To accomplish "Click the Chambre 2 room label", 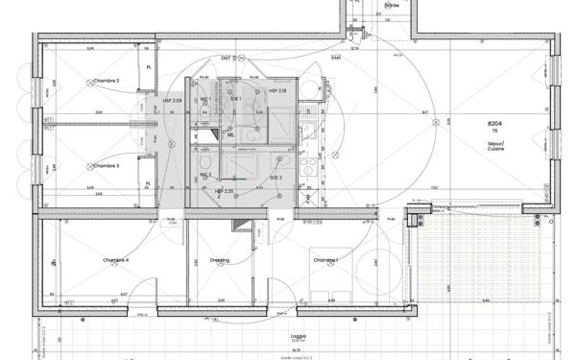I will pyautogui.click(x=106, y=81).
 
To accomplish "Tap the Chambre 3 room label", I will pyautogui.click(x=106, y=165).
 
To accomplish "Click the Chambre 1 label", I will pyautogui.click(x=324, y=260).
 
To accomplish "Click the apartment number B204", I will pyautogui.click(x=495, y=125).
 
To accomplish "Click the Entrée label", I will pyautogui.click(x=391, y=6).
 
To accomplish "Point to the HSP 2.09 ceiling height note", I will pyautogui.click(x=172, y=101).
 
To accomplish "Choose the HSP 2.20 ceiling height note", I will pyautogui.click(x=225, y=191).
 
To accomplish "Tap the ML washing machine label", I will pyautogui.click(x=231, y=134).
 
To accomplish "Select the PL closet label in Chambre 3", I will pyautogui.click(x=147, y=183).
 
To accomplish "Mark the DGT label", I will pyautogui.click(x=225, y=59).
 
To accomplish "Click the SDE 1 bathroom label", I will pyautogui.click(x=233, y=99).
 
